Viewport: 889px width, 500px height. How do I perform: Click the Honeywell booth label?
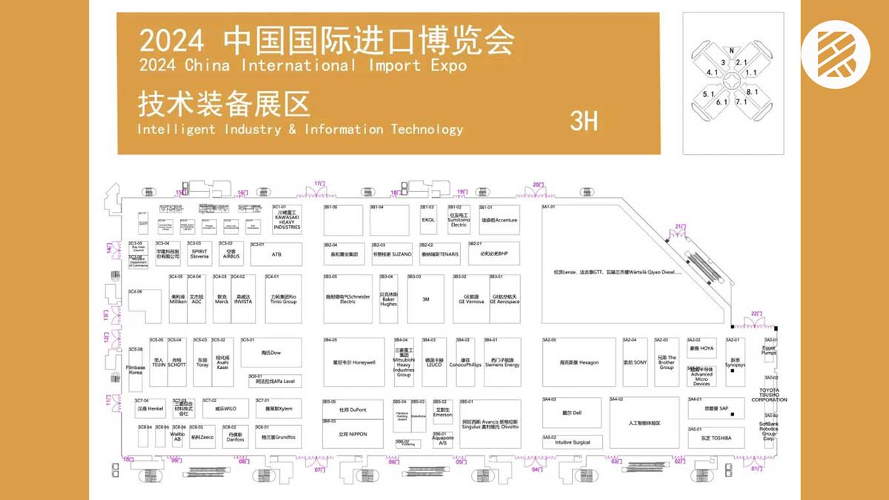click(x=354, y=362)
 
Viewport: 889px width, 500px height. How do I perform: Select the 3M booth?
click(x=425, y=299)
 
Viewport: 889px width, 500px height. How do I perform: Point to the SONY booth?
click(x=630, y=362)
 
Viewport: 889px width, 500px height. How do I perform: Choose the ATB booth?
click(x=276, y=254)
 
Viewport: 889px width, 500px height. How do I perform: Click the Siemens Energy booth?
click(x=502, y=362)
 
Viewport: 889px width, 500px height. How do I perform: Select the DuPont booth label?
click(x=353, y=409)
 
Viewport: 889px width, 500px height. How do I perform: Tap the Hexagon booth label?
click(x=579, y=362)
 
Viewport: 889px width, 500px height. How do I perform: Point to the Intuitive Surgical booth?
click(x=572, y=442)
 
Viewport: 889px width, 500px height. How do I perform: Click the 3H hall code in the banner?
click(x=584, y=121)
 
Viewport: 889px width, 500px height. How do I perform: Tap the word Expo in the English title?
click(x=447, y=65)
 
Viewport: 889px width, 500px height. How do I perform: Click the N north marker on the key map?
click(x=732, y=50)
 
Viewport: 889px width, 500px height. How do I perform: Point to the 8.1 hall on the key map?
click(x=753, y=91)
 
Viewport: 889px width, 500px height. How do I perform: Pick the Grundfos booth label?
click(x=279, y=437)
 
